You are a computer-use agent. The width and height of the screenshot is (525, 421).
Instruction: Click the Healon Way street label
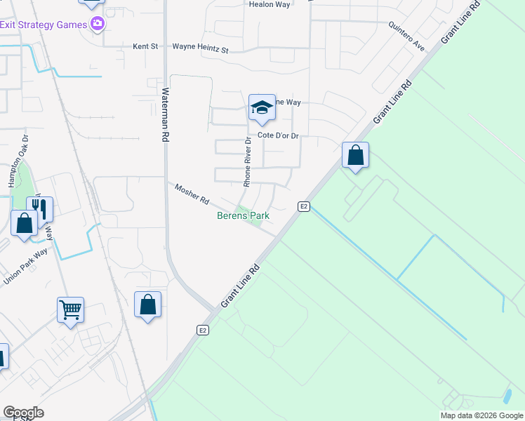(x=270, y=4)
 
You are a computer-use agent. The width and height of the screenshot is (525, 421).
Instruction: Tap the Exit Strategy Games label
(x=43, y=25)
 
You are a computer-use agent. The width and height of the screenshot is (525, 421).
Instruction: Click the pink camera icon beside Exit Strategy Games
(x=98, y=25)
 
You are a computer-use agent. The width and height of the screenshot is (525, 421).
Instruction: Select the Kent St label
(x=145, y=47)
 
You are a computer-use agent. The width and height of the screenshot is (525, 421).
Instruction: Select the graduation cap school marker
(x=261, y=107)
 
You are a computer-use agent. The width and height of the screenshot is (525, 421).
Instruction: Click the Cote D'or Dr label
(x=278, y=135)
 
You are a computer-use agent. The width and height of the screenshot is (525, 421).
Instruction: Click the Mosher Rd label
(x=192, y=194)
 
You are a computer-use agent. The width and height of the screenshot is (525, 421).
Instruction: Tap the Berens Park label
(x=242, y=216)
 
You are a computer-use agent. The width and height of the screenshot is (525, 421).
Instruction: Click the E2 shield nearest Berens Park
(x=303, y=206)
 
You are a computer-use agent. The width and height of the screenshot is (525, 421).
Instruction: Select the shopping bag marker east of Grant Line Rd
(x=355, y=154)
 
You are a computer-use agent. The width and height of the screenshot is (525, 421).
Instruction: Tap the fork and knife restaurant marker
(x=39, y=208)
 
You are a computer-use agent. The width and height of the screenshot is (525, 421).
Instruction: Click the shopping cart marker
(x=70, y=309)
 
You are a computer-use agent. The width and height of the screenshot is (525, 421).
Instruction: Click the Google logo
(x=23, y=413)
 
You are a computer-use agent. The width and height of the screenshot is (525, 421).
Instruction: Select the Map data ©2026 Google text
(x=481, y=415)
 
